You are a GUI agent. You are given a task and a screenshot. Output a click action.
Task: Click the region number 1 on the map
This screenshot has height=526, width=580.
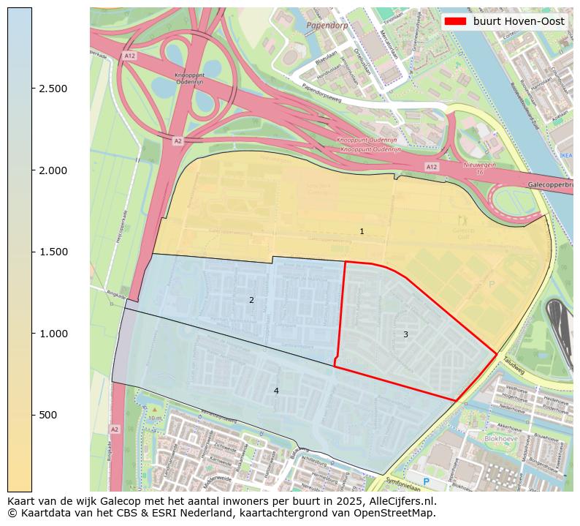pos(362,231)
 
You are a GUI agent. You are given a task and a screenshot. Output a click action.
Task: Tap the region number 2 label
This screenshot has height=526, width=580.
pos(251,300)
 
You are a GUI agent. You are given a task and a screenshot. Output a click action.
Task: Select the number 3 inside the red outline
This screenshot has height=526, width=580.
pos(405,334)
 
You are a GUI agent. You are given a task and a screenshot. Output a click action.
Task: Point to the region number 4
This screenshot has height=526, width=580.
pos(276,391)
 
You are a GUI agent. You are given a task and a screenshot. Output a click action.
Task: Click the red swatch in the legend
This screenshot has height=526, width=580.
pos(456,21)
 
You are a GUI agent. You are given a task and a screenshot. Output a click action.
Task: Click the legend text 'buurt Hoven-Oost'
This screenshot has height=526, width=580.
pos(519,21)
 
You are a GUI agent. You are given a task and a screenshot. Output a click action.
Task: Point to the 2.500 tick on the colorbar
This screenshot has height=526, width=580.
pos(53,89)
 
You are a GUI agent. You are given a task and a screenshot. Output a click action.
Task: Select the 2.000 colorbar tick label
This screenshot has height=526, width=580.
pos(53,170)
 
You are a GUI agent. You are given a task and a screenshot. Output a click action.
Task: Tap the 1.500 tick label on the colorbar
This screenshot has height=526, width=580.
pos(53,252)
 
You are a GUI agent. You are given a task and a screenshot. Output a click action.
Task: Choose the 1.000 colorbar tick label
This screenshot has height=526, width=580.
pos(53,334)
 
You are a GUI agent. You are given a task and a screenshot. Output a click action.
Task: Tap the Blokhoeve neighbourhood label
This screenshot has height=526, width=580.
pos(500,439)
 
